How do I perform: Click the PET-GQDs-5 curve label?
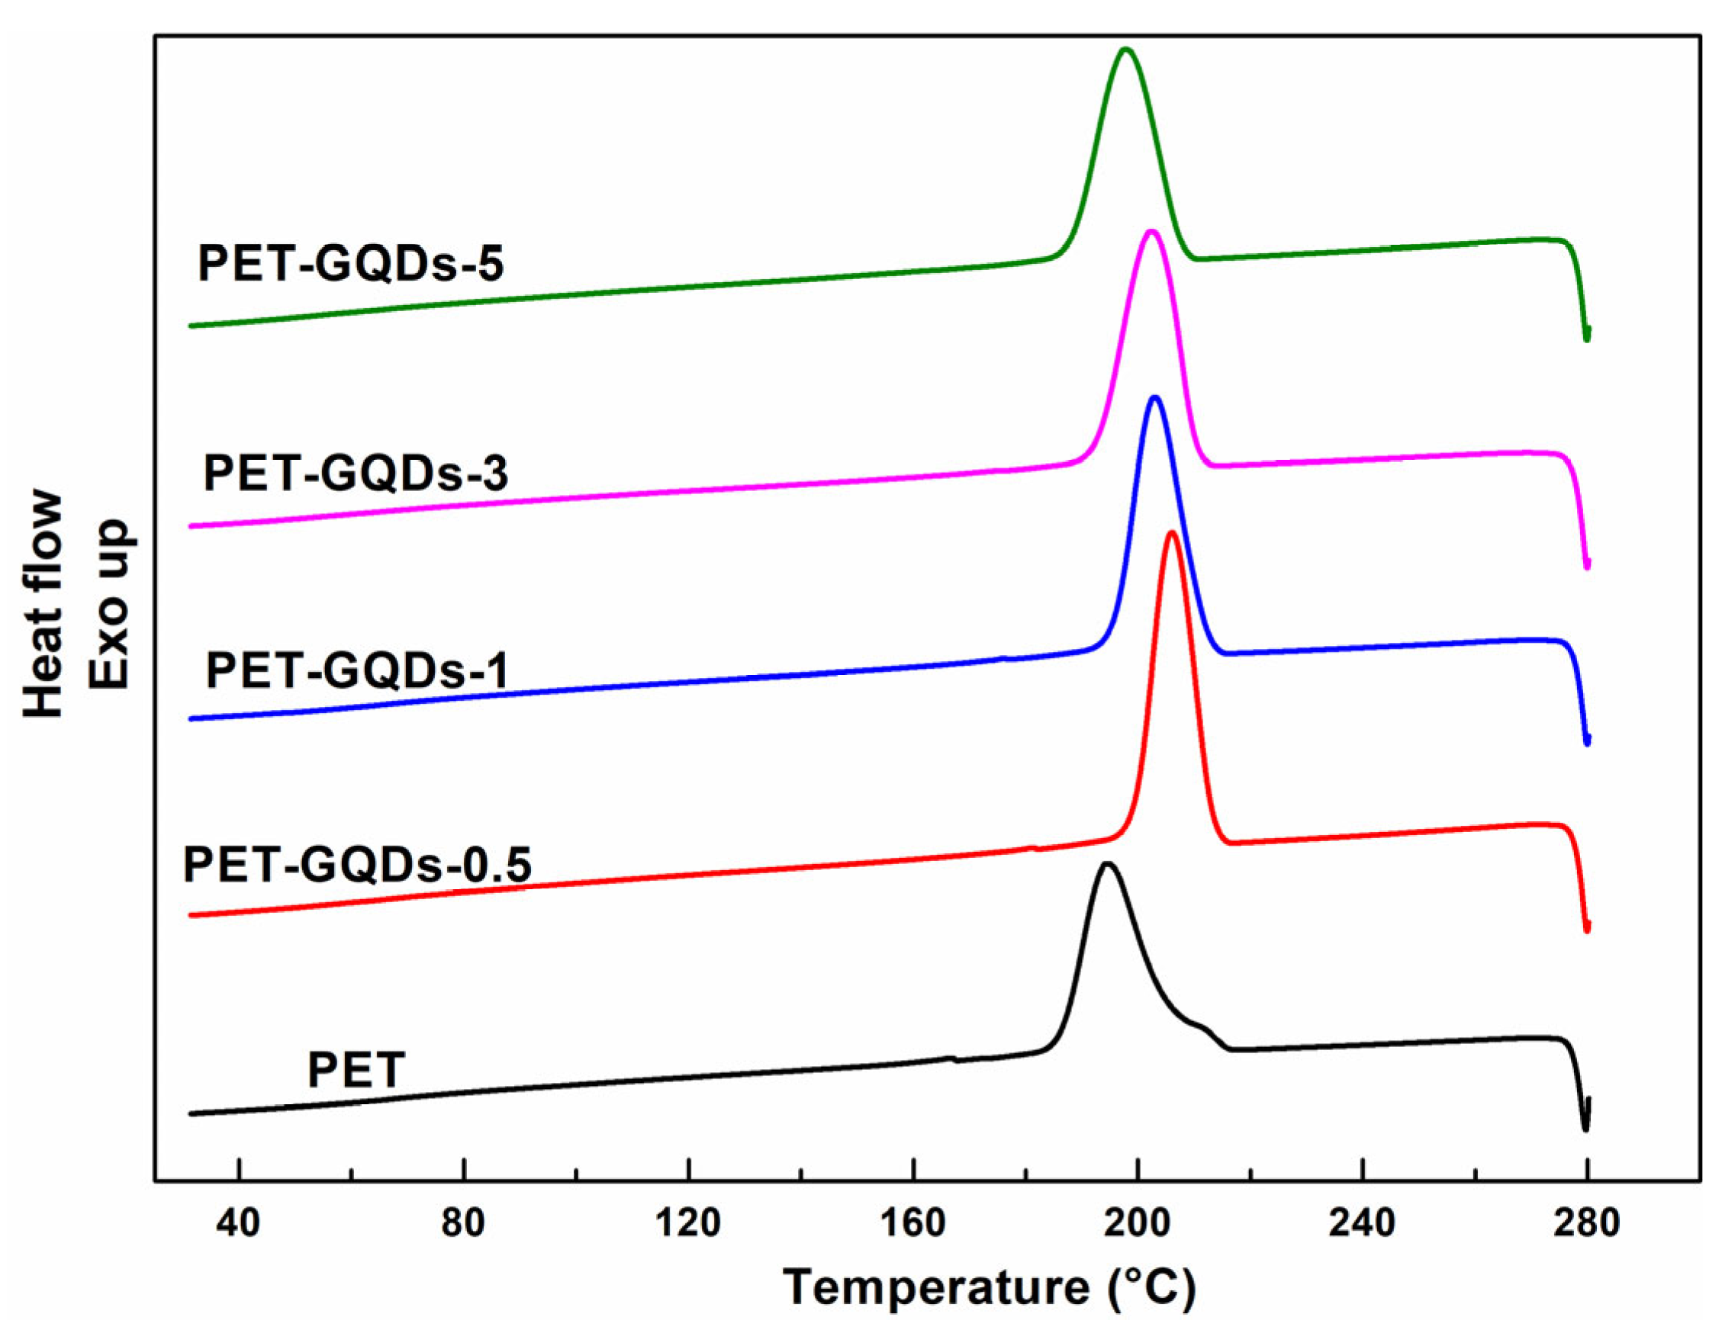point(350,263)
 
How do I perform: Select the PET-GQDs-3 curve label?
point(356,474)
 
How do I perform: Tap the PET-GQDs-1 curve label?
point(357,671)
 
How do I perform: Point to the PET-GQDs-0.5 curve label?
point(357,865)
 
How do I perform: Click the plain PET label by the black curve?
point(356,1070)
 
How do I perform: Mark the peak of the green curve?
point(1126,50)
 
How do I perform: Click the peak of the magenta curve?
point(1151,232)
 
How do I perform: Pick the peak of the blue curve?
point(1155,398)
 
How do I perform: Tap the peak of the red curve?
point(1172,534)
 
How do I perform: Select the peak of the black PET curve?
point(1108,865)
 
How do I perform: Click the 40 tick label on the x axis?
point(238,1223)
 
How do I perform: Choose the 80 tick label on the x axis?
point(463,1223)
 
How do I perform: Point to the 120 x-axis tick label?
point(687,1223)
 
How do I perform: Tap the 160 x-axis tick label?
point(913,1223)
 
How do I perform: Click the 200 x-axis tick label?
point(1138,1223)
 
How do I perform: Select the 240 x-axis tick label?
point(1363,1223)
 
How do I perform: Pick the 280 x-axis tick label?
point(1587,1223)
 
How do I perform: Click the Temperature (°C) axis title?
point(990,1288)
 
